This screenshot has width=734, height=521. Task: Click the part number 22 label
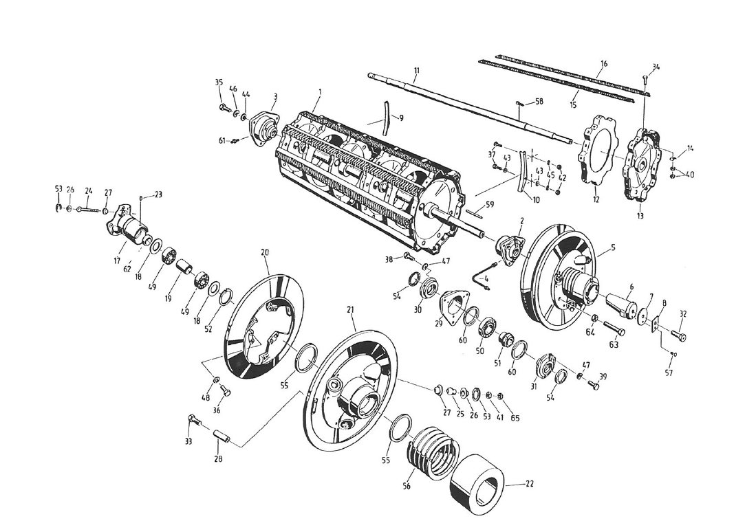[530, 484]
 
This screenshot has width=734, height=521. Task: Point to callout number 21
[351, 309]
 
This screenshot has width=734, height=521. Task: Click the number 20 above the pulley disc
[264, 252]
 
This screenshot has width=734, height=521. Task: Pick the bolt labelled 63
[614, 329]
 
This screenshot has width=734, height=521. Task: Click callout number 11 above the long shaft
[417, 71]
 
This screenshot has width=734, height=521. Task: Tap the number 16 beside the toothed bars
[604, 64]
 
